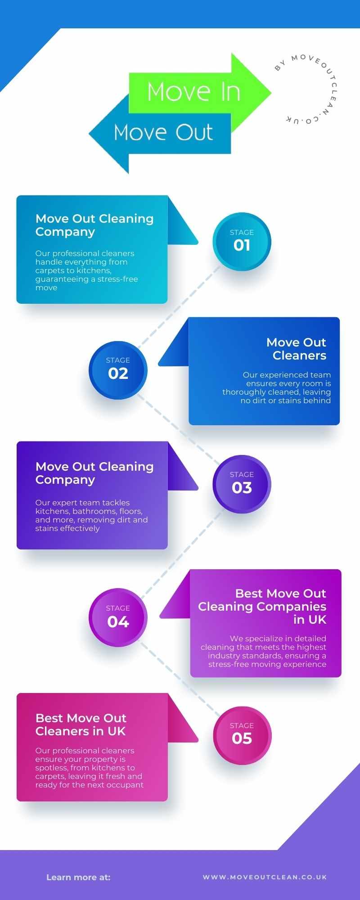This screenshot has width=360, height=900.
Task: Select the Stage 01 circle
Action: (242, 242)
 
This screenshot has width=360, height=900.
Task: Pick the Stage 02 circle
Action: (118, 370)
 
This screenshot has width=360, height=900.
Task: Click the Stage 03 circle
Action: (242, 484)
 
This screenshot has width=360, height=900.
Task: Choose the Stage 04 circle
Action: (118, 617)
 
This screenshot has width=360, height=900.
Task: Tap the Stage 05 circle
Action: (242, 735)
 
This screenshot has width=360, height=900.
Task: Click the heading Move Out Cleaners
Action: (297, 349)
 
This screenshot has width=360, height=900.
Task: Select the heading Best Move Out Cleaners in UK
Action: (81, 724)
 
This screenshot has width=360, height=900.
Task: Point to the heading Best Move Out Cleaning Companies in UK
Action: (262, 606)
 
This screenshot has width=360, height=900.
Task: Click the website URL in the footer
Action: (265, 877)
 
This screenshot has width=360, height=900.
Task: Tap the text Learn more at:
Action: (78, 877)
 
